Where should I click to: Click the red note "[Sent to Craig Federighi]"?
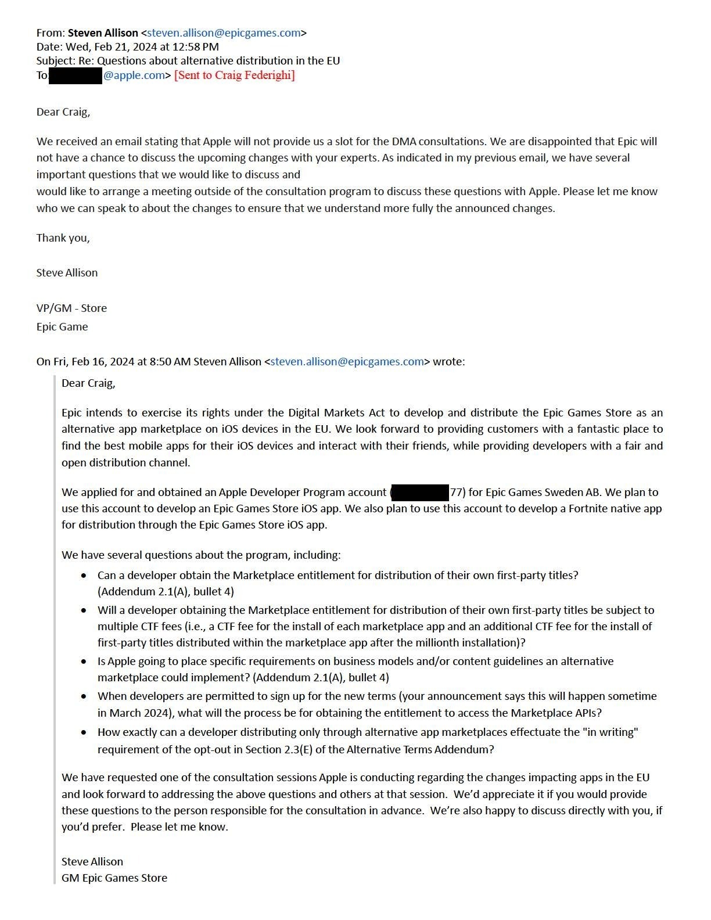click(235, 75)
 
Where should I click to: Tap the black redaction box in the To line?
click(76, 76)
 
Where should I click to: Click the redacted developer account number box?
click(420, 493)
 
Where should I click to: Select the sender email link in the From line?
click(224, 33)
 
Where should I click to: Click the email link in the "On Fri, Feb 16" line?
click(347, 362)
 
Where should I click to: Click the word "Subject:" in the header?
click(56, 61)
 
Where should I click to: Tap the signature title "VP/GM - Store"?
click(71, 308)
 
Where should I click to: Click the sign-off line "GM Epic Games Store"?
click(114, 878)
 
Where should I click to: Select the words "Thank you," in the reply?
click(63, 238)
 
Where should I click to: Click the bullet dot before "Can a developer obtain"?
click(85, 576)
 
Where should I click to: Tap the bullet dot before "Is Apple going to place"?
click(85, 662)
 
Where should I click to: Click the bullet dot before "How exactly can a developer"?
click(85, 733)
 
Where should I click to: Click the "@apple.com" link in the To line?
click(134, 76)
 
